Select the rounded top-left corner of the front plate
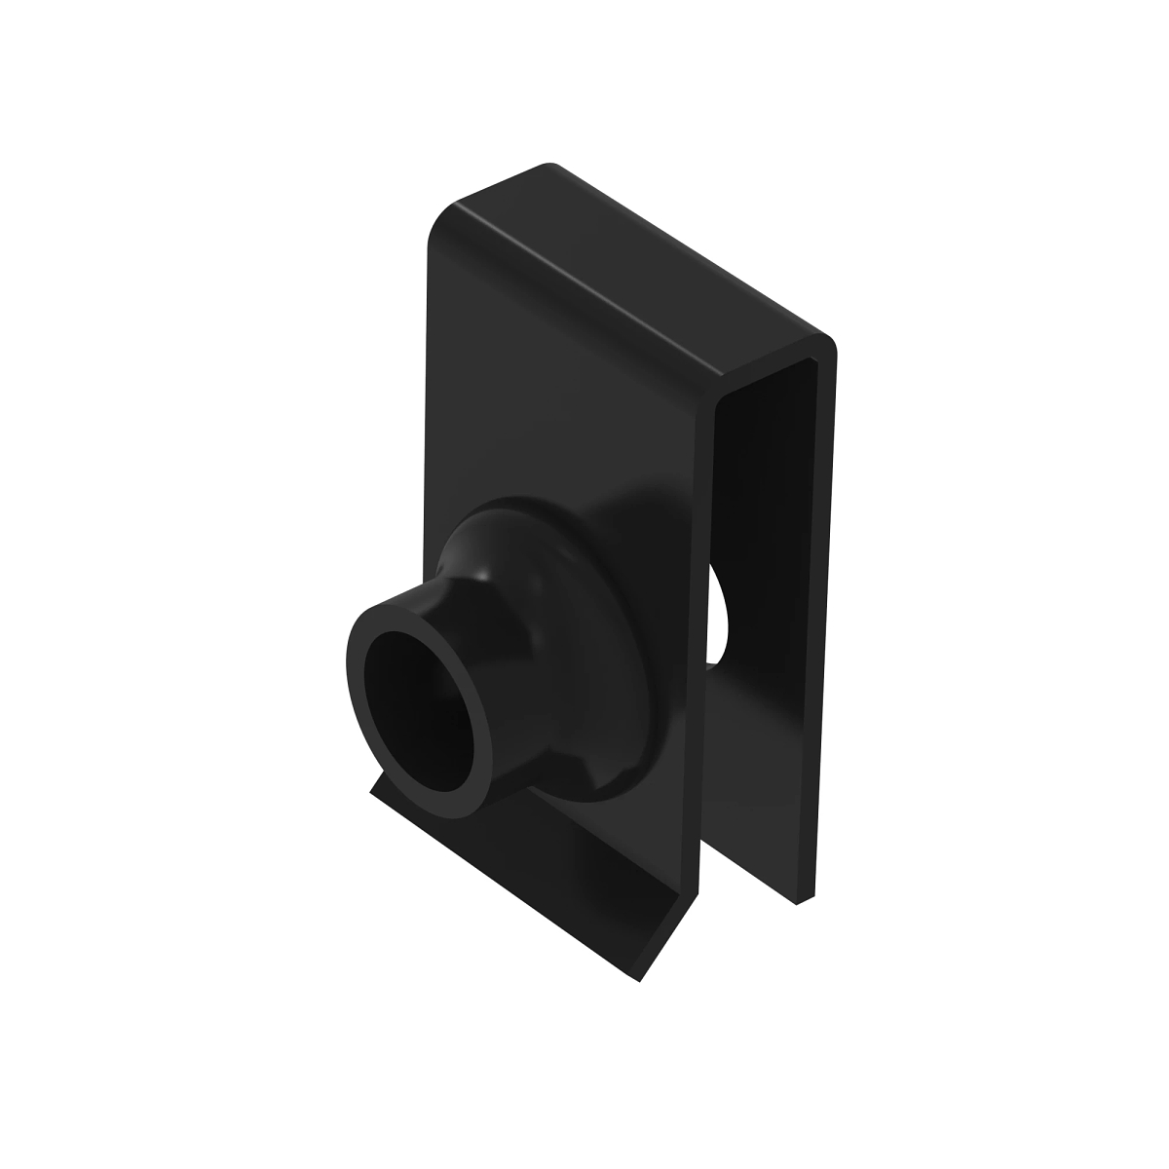click(438, 219)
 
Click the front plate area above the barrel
click(565, 390)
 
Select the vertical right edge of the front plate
click(709, 584)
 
